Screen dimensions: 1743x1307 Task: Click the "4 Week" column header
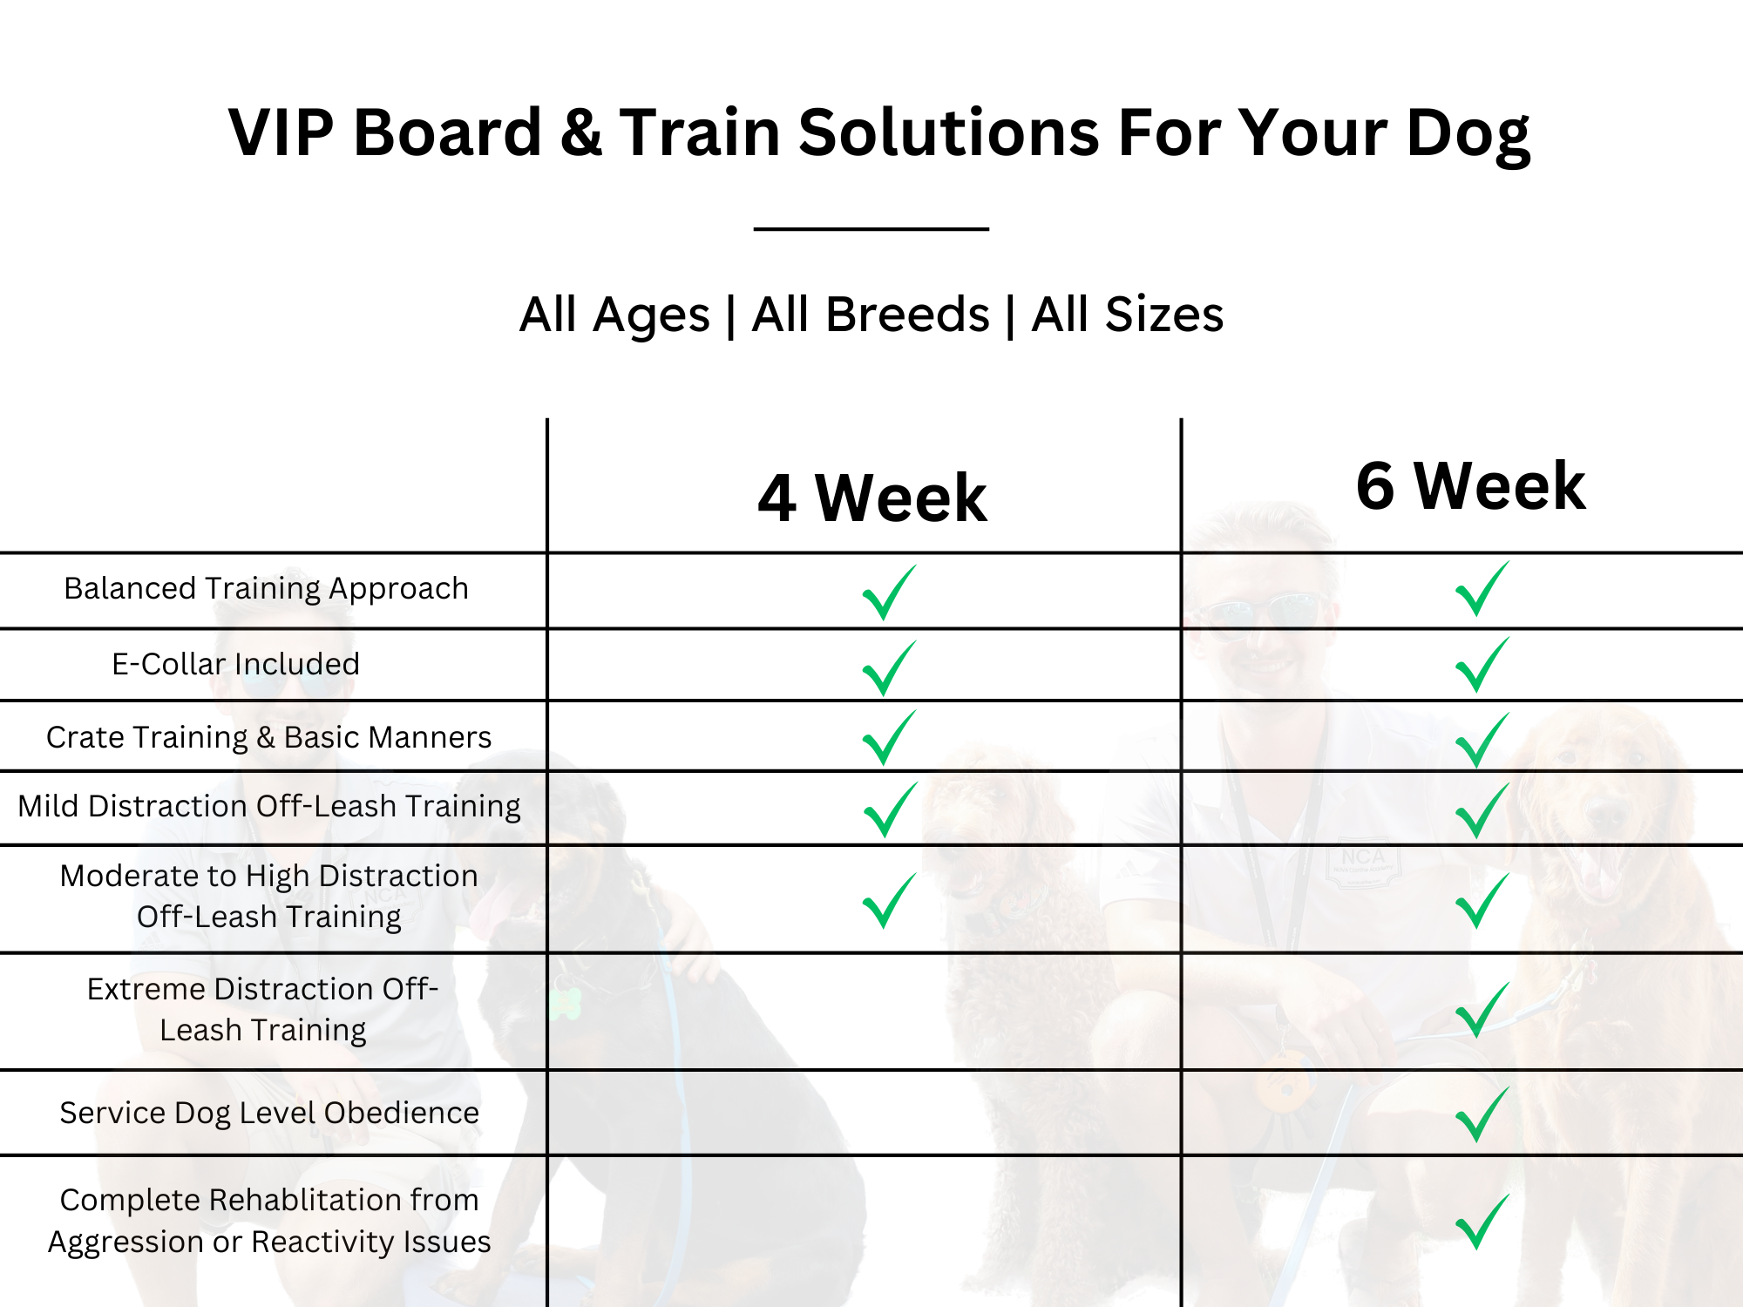(x=872, y=498)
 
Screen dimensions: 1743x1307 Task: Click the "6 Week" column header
(x=1471, y=485)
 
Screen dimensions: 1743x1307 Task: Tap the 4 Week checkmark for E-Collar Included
(x=888, y=668)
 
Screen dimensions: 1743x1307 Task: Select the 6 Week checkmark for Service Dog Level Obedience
(x=1482, y=1114)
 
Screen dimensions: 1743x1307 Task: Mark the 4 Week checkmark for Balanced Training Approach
(x=888, y=593)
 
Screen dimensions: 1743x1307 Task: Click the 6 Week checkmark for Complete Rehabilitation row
(x=1482, y=1222)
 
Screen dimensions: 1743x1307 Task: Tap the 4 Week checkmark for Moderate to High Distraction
(x=888, y=900)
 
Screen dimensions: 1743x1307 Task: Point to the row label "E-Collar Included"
(x=235, y=664)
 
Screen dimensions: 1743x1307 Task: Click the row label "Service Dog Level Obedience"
(x=269, y=1113)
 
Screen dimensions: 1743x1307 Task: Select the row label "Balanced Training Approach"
(x=266, y=589)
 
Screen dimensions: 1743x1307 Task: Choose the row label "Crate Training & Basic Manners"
(x=268, y=737)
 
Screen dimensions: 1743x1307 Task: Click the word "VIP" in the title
(x=281, y=132)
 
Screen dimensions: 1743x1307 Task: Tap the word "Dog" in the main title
(x=1468, y=135)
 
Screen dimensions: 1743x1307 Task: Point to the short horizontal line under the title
(x=871, y=229)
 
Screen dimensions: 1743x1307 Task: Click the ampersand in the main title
(x=581, y=132)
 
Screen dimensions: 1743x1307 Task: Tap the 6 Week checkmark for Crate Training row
(x=1482, y=740)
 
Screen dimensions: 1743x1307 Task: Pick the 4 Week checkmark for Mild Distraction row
(x=890, y=809)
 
